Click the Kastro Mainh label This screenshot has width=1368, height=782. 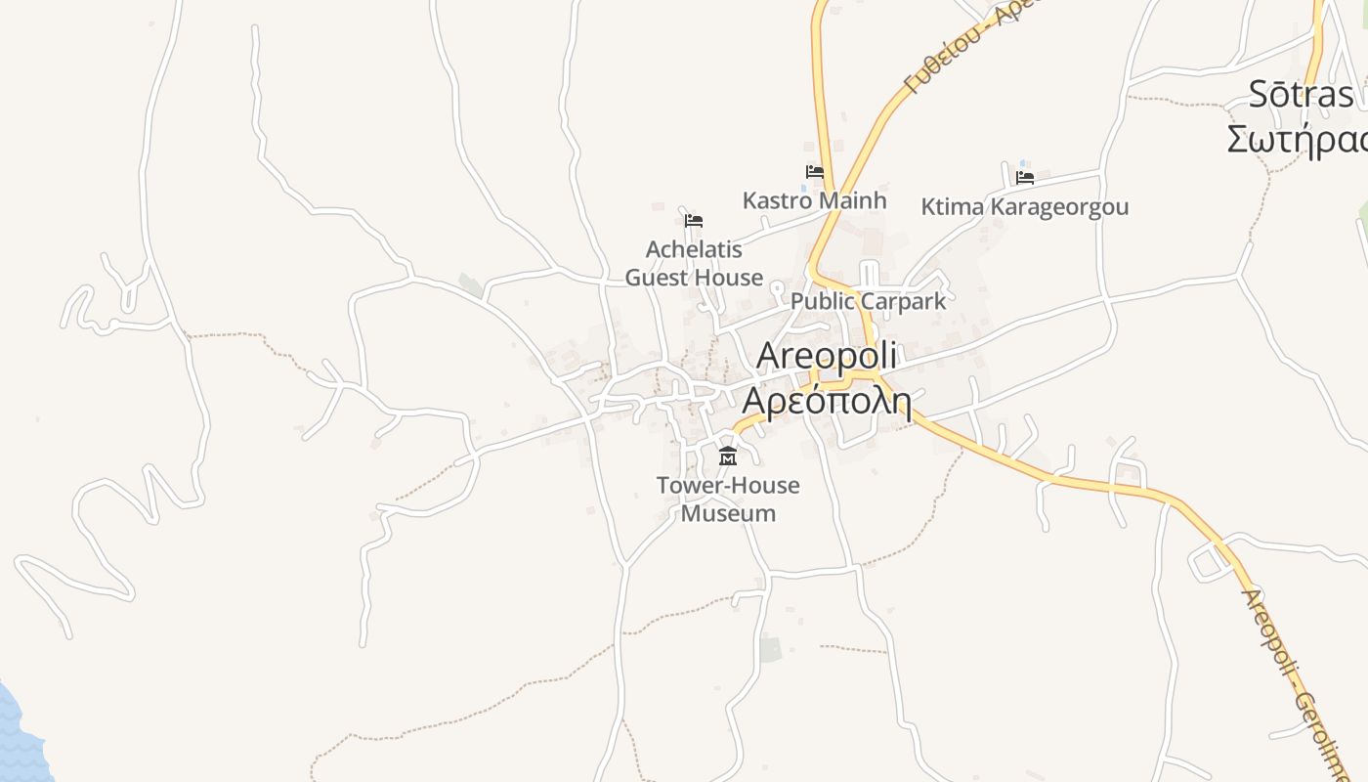click(814, 200)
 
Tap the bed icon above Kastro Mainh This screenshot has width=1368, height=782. click(814, 172)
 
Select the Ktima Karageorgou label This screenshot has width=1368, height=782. click(1024, 207)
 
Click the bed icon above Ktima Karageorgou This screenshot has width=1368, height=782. click(1024, 178)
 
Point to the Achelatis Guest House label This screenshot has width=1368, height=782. click(694, 264)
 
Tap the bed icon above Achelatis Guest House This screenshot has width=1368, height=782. click(694, 221)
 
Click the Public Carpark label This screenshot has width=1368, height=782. click(868, 301)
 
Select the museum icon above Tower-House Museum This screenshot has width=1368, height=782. click(728, 456)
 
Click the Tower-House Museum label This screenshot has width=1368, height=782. click(728, 499)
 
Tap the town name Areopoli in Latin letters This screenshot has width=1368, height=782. click(827, 356)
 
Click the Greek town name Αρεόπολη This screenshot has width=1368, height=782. click(827, 401)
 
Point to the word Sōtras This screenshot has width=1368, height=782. click(1302, 95)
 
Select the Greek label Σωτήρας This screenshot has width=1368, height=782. click(1298, 139)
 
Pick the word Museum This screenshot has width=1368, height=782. click(728, 513)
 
